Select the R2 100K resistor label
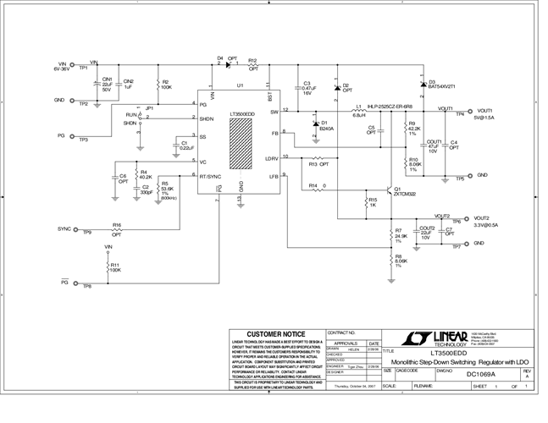coord(167,85)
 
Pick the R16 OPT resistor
coord(117,229)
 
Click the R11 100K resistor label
coord(113,266)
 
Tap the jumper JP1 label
coord(150,108)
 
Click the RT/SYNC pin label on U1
coord(210,178)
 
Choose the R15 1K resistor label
coord(373,203)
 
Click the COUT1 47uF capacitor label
coord(435,146)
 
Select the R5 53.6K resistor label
coord(168,187)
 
